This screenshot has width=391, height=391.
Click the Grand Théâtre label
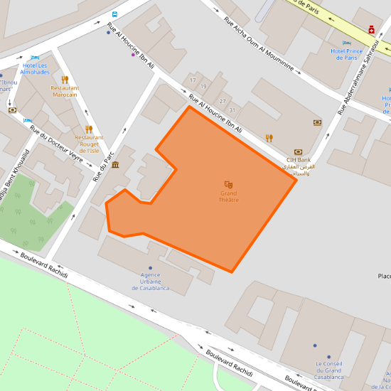(x=229, y=196)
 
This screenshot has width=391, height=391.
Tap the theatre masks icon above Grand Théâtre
(x=228, y=185)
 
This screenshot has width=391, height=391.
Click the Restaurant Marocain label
(x=65, y=91)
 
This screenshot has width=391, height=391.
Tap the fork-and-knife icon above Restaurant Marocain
(x=65, y=80)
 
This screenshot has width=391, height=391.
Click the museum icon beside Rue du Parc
(x=115, y=165)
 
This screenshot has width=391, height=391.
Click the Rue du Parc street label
(x=104, y=162)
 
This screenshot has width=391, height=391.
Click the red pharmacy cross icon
(x=370, y=29)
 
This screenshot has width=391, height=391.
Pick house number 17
(x=193, y=80)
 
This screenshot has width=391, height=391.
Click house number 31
(x=232, y=109)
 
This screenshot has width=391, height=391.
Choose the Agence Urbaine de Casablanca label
(x=150, y=282)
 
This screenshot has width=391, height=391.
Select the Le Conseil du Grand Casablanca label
(x=327, y=371)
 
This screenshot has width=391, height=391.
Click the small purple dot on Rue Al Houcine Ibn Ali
(x=133, y=55)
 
